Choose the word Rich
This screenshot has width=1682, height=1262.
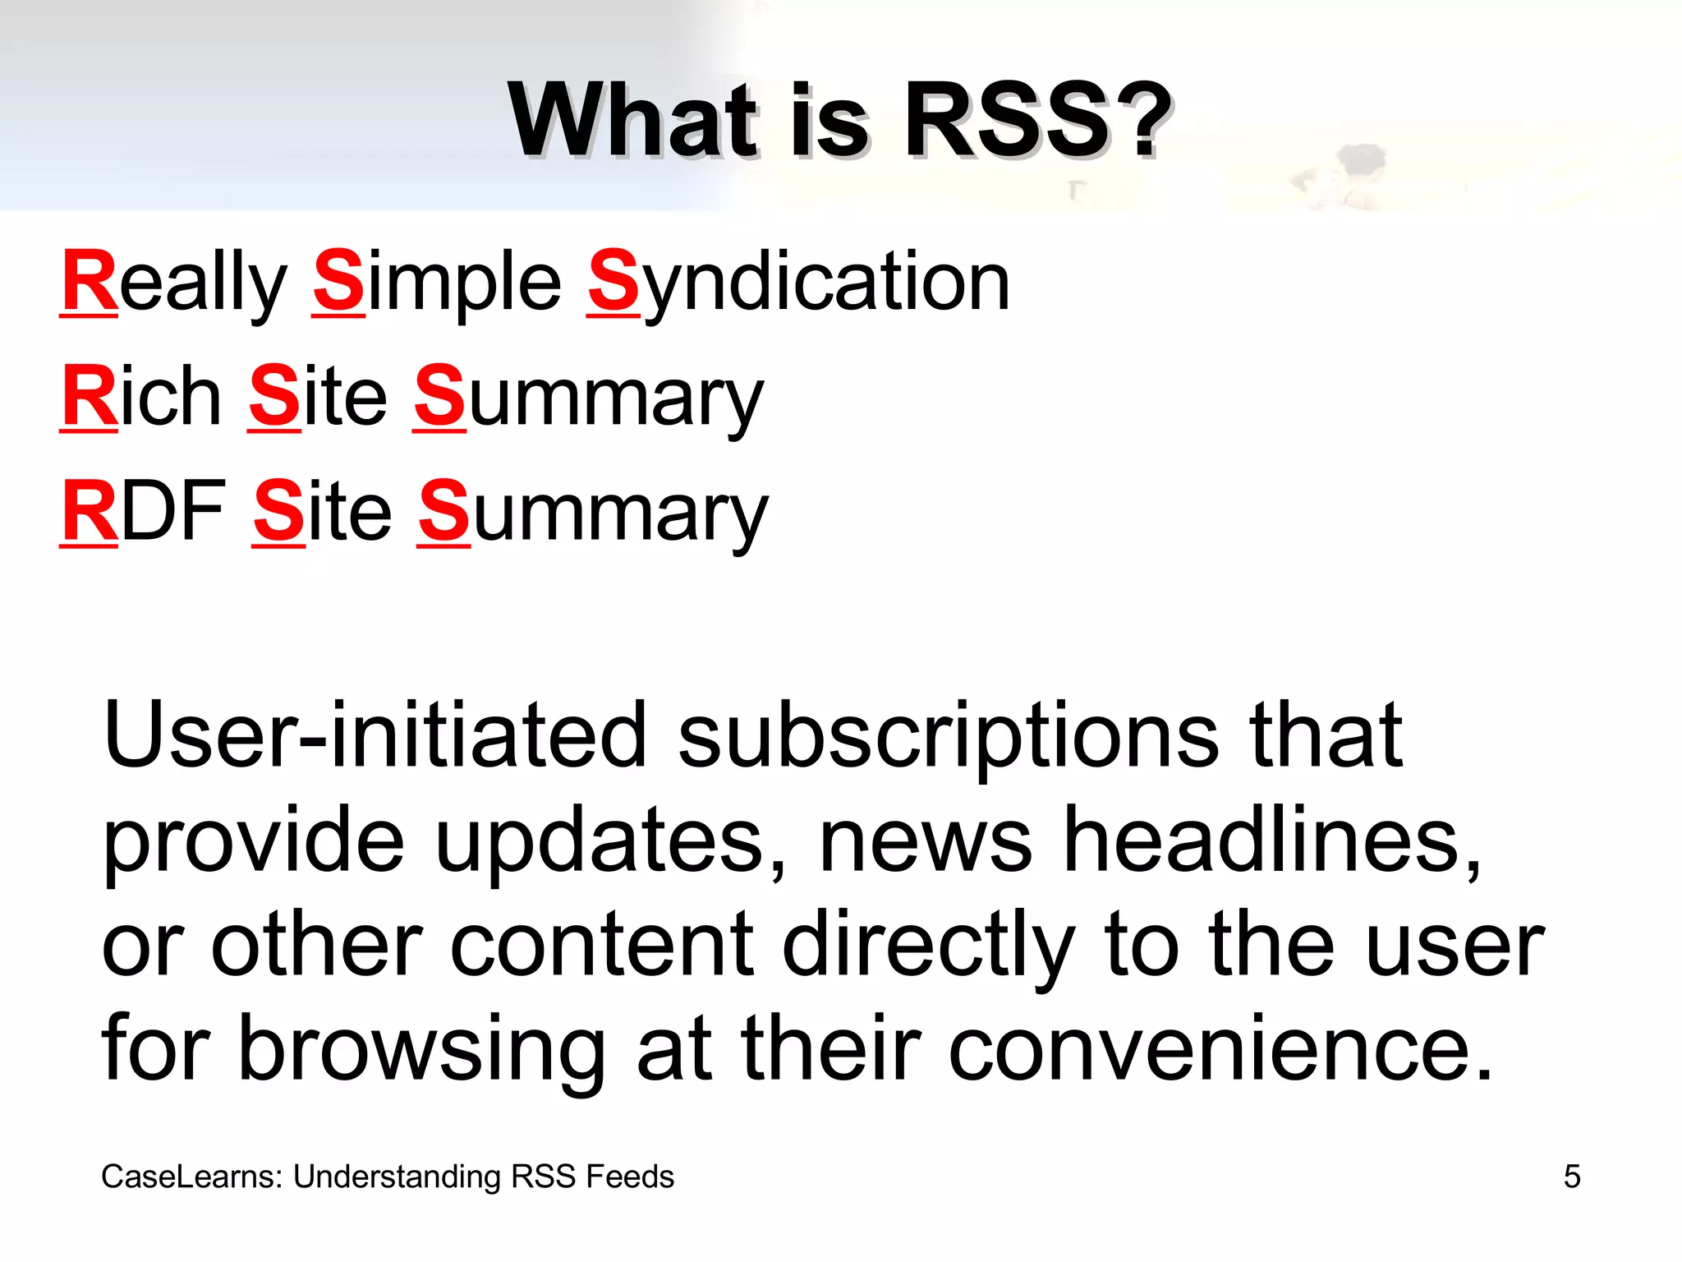tap(141, 398)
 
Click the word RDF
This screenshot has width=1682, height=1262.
tap(144, 512)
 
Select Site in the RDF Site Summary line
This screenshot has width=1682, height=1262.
tap(323, 512)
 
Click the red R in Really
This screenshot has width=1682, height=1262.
tap(90, 282)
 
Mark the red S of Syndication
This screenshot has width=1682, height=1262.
tap(613, 282)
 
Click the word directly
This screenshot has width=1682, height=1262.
tap(928, 946)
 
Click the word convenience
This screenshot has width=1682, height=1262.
tap(1220, 1050)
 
